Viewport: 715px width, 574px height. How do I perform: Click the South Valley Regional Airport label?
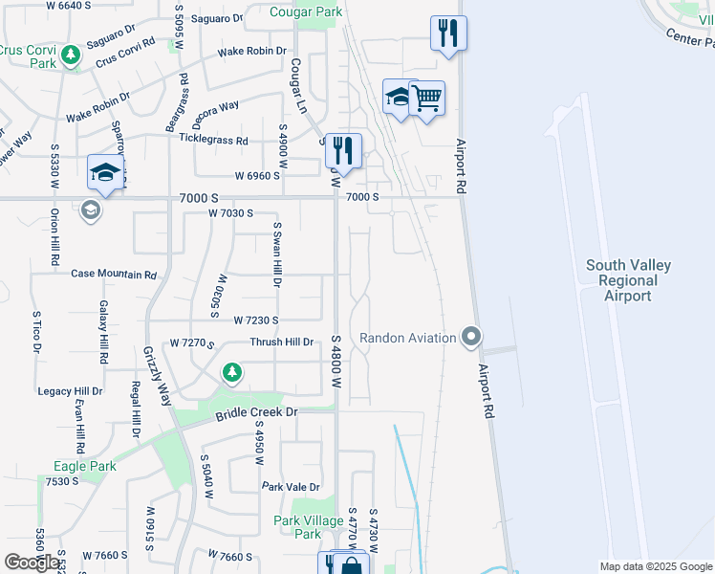pyautogui.click(x=629, y=280)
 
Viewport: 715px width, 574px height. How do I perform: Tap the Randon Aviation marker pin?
pyautogui.click(x=470, y=337)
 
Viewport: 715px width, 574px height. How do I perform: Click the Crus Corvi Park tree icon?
pyautogui.click(x=70, y=56)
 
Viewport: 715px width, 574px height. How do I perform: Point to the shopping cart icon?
pyautogui.click(x=427, y=98)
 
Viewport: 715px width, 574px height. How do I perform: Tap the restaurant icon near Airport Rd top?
pyautogui.click(x=447, y=33)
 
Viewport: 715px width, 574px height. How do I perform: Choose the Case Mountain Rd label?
pyautogui.click(x=113, y=274)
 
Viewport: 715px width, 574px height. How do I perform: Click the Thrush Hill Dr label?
pyautogui.click(x=281, y=342)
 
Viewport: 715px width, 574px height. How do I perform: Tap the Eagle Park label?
pyautogui.click(x=85, y=466)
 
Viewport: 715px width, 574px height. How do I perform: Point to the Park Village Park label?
pyautogui.click(x=309, y=527)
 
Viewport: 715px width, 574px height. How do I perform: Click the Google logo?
pyautogui.click(x=32, y=563)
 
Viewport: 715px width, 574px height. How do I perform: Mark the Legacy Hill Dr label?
pyautogui.click(x=70, y=391)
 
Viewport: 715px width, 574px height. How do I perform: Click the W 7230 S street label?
pyautogui.click(x=255, y=320)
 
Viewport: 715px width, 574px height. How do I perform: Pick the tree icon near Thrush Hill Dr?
pyautogui.click(x=231, y=371)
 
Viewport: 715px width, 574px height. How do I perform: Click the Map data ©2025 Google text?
pyautogui.click(x=655, y=566)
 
